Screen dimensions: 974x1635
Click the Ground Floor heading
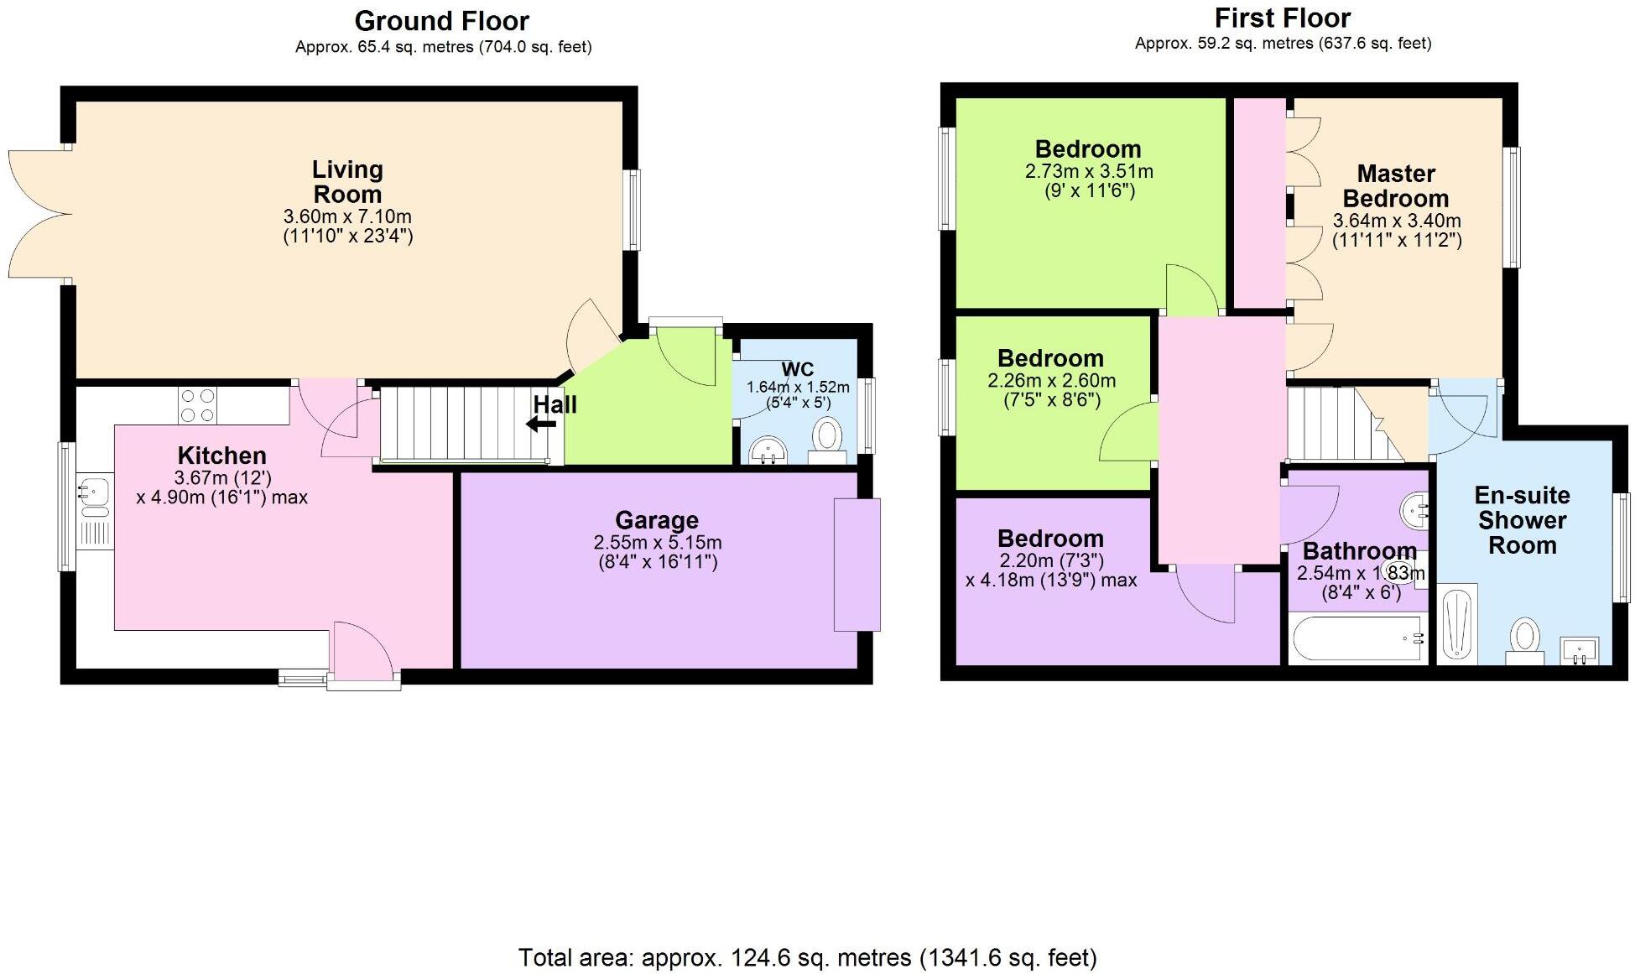coord(441,21)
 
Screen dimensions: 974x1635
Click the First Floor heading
coord(1283,18)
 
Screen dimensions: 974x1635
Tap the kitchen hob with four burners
coord(197,405)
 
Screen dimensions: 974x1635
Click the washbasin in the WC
coord(768,450)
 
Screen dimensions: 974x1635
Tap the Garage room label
coord(657,521)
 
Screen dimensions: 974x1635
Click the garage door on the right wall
coord(857,565)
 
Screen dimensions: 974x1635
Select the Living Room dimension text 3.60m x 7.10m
coord(347,216)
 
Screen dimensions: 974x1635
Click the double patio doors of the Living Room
coord(38,215)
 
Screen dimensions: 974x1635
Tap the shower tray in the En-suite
coord(1458,624)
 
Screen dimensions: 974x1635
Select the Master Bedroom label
coord(1396,186)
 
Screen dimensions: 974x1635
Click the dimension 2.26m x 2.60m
coord(1051,381)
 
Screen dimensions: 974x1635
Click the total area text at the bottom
coord(807,957)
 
